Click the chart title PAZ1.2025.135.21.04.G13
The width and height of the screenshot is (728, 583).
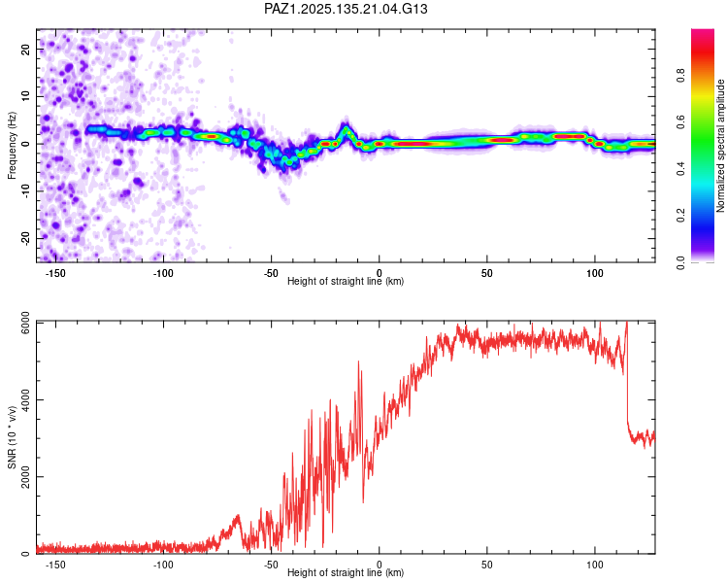point(346,9)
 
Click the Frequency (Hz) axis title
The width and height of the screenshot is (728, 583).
point(12,146)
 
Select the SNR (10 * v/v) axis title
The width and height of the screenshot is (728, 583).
point(12,437)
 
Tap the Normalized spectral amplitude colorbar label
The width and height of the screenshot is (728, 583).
point(720,146)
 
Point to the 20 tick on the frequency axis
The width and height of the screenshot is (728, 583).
point(25,50)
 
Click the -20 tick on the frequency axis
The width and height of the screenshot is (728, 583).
point(25,238)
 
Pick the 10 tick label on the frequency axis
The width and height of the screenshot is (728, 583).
point(25,96)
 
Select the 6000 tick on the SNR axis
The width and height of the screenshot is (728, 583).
point(25,323)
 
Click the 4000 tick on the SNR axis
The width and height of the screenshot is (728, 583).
point(25,399)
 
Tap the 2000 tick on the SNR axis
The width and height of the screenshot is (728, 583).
point(25,476)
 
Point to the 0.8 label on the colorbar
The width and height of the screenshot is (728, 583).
point(680,76)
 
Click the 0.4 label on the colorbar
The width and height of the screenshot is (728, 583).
point(680,169)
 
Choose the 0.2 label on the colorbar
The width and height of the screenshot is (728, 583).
point(680,216)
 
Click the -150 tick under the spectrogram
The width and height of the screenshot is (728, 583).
point(54,273)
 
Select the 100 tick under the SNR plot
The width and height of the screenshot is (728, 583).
point(595,565)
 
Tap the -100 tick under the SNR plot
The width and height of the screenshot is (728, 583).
point(162,565)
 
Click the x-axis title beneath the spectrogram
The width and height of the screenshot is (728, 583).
point(346,281)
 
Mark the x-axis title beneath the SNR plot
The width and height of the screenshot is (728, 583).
point(346,572)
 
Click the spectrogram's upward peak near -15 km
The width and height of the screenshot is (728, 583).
point(346,126)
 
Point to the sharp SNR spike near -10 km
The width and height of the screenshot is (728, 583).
point(358,361)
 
